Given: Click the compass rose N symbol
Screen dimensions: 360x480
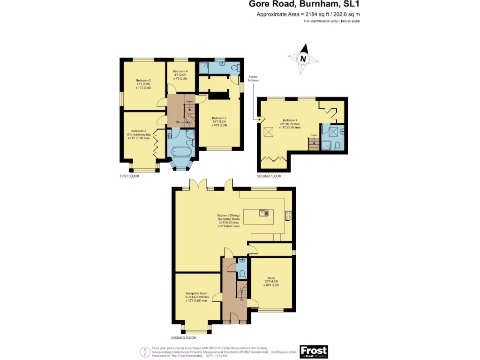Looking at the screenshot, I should click(x=303, y=59).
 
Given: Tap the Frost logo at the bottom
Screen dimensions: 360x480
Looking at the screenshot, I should click(x=314, y=351).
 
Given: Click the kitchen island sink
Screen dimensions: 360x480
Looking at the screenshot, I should click(x=263, y=213).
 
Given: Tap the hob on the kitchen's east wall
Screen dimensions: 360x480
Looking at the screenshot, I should click(x=288, y=216).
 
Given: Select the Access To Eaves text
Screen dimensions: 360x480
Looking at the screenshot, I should click(x=253, y=78).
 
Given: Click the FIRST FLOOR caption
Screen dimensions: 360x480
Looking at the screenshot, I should click(x=129, y=176).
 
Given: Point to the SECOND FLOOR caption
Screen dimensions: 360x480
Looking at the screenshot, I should click(x=269, y=176).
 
